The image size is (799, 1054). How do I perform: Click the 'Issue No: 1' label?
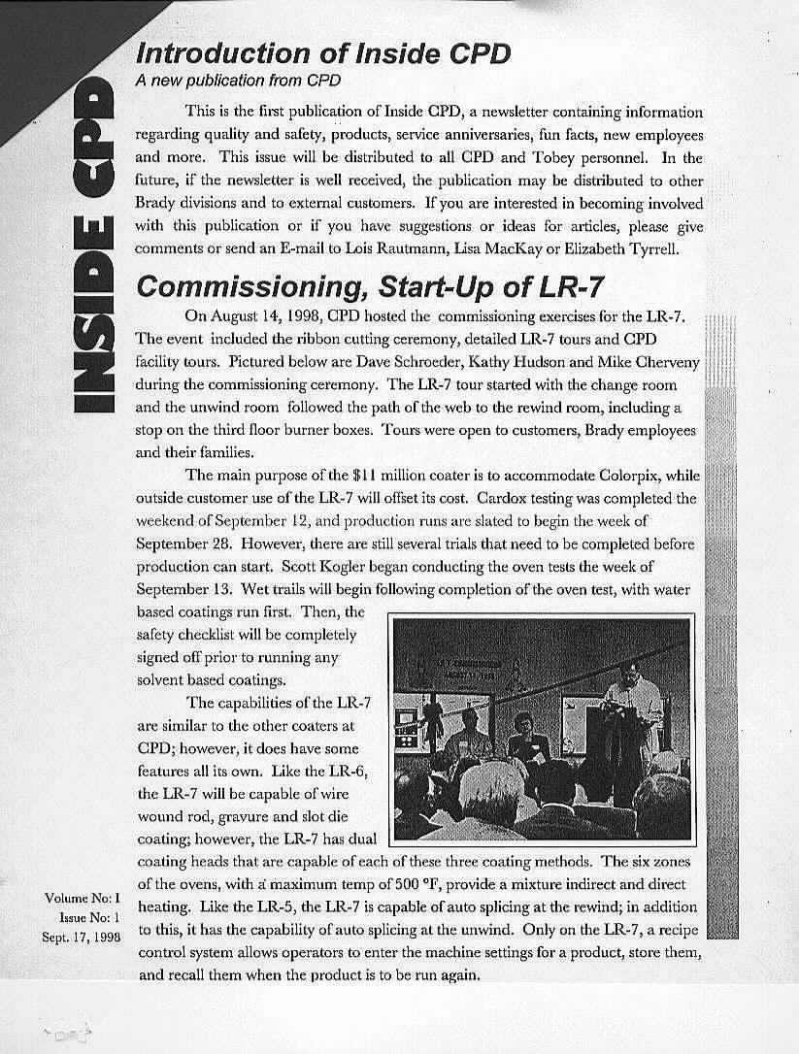pyautogui.click(x=89, y=916)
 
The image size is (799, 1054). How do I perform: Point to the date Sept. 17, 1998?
pyautogui.click(x=81, y=937)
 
